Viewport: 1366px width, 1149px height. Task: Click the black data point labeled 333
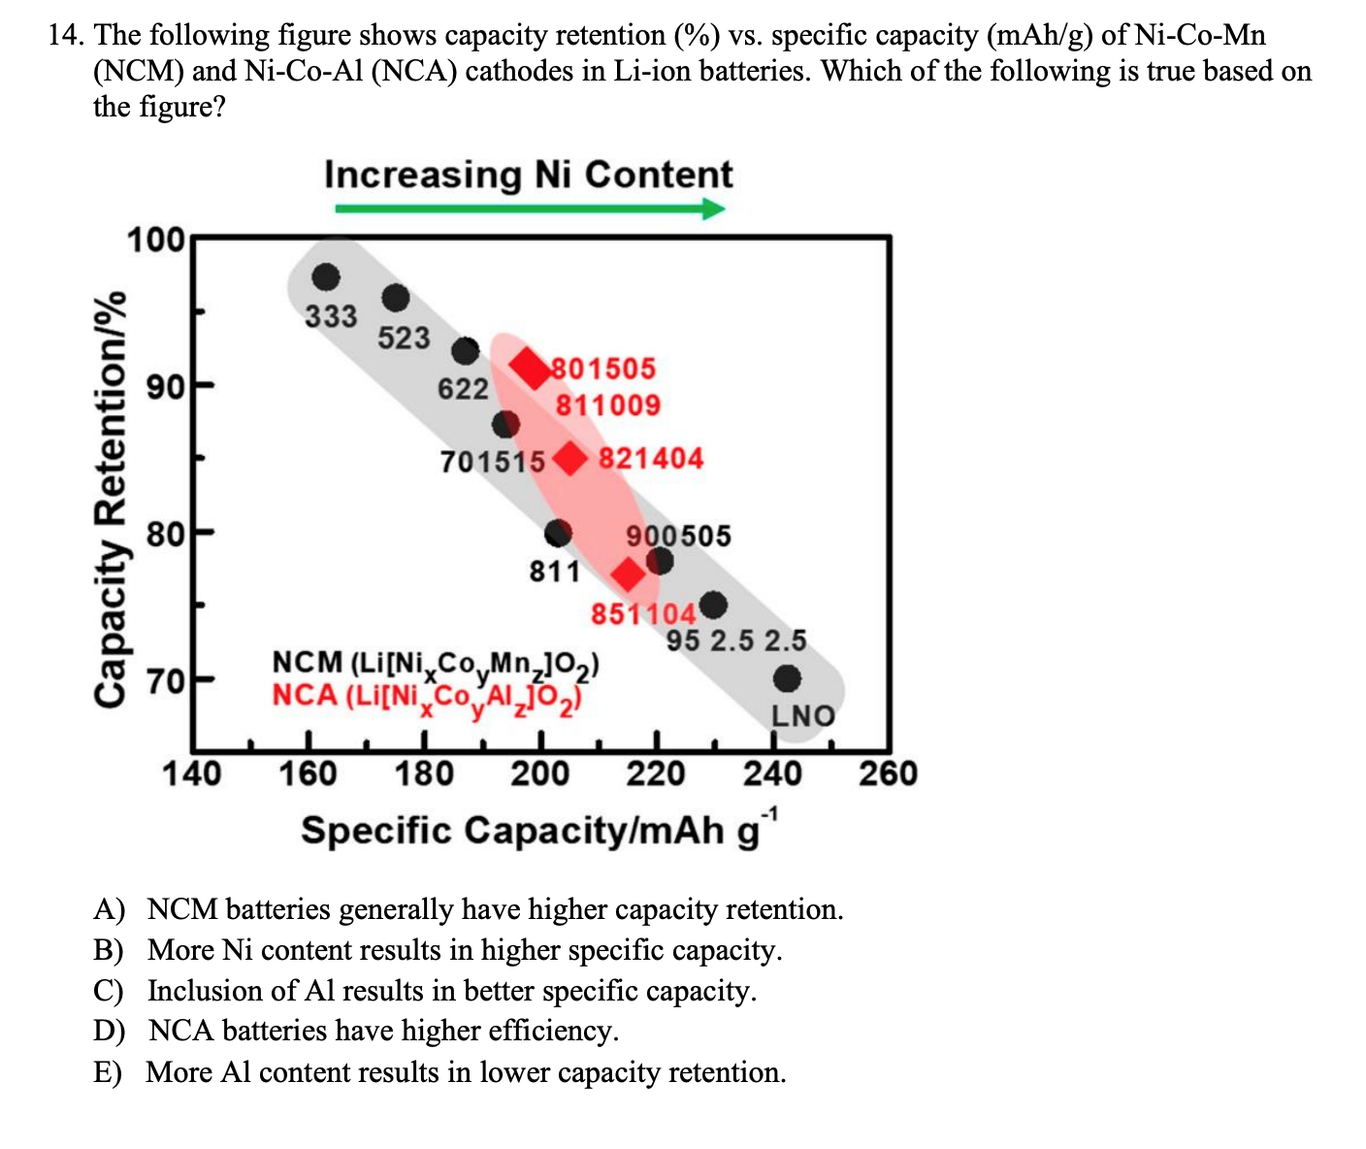(326, 278)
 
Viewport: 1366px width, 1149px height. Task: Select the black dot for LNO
(787, 677)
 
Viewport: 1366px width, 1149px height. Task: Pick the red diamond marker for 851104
(629, 574)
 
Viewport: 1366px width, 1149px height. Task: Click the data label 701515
(493, 461)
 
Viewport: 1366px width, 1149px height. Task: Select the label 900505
(679, 536)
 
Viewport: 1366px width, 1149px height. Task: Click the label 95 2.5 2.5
(736, 640)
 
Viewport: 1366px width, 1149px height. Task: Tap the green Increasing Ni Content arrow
(530, 209)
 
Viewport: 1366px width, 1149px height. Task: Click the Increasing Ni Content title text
(529, 175)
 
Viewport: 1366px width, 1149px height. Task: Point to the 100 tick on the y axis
(155, 239)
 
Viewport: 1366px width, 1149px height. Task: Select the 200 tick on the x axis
(540, 773)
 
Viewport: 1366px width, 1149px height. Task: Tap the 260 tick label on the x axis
(888, 773)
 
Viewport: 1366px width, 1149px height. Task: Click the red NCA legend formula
(428, 696)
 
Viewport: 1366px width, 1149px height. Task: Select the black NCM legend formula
(436, 664)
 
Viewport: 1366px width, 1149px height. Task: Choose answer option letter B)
(108, 950)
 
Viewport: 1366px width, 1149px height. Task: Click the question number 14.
(66, 36)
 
